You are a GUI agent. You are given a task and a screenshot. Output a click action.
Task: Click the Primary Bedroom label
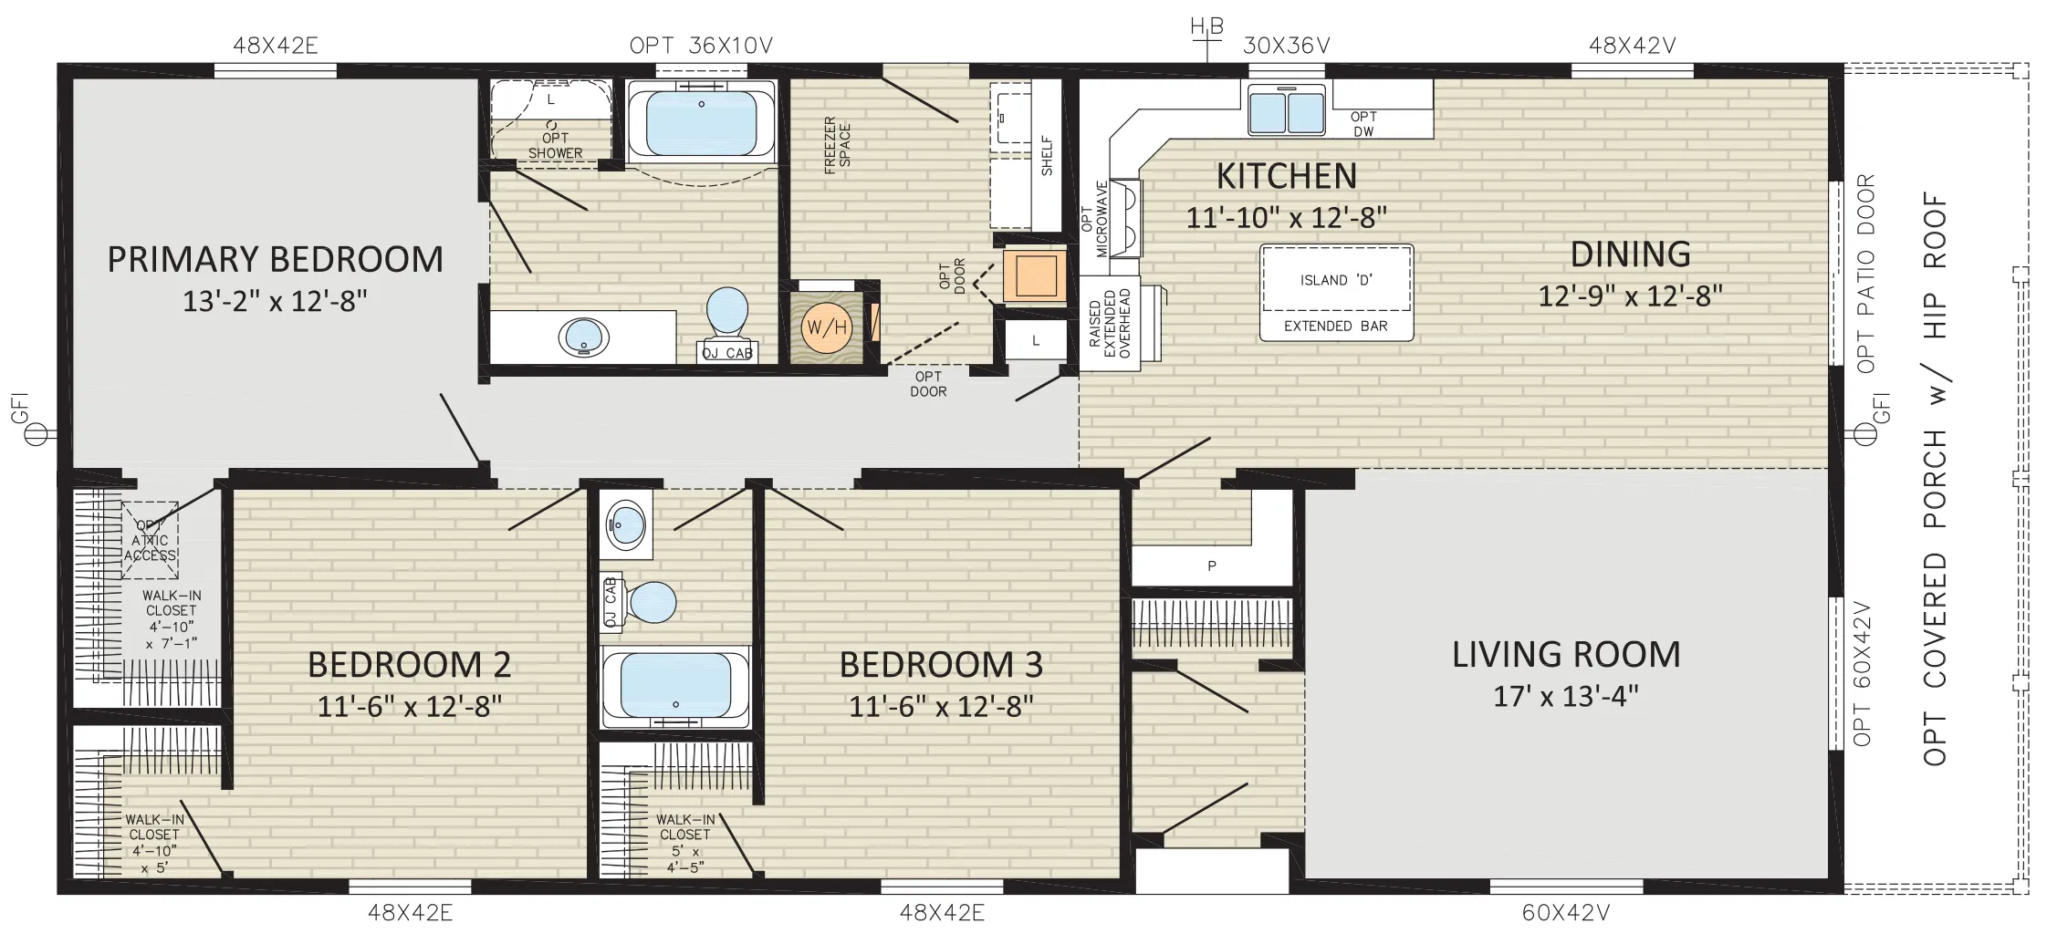pos(275,260)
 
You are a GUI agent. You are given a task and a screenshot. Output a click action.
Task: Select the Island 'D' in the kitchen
pos(1336,293)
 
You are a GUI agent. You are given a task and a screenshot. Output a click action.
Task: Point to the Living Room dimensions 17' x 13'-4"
pos(1566,697)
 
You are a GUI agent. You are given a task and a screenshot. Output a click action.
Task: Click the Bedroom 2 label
pos(409,665)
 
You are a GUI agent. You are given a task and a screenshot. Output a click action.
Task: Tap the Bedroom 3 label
pos(941,665)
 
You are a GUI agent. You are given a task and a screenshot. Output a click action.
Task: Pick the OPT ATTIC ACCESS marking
pos(150,540)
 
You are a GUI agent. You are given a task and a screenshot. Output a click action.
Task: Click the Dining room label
pos(1630,254)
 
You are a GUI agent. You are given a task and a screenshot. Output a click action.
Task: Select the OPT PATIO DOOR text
pos(1866,273)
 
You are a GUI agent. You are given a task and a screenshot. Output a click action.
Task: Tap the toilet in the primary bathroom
pos(727,315)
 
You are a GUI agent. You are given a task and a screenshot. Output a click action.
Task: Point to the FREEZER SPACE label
pos(837,144)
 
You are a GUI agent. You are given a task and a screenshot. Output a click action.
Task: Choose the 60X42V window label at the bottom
pos(1566,911)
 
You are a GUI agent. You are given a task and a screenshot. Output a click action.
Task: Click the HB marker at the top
pos(1206,28)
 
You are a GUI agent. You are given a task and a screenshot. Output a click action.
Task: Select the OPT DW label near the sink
pos(1363,124)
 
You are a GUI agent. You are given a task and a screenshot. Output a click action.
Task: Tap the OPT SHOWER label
pos(555,146)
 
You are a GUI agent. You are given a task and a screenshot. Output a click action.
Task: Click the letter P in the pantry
pos(1212,566)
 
